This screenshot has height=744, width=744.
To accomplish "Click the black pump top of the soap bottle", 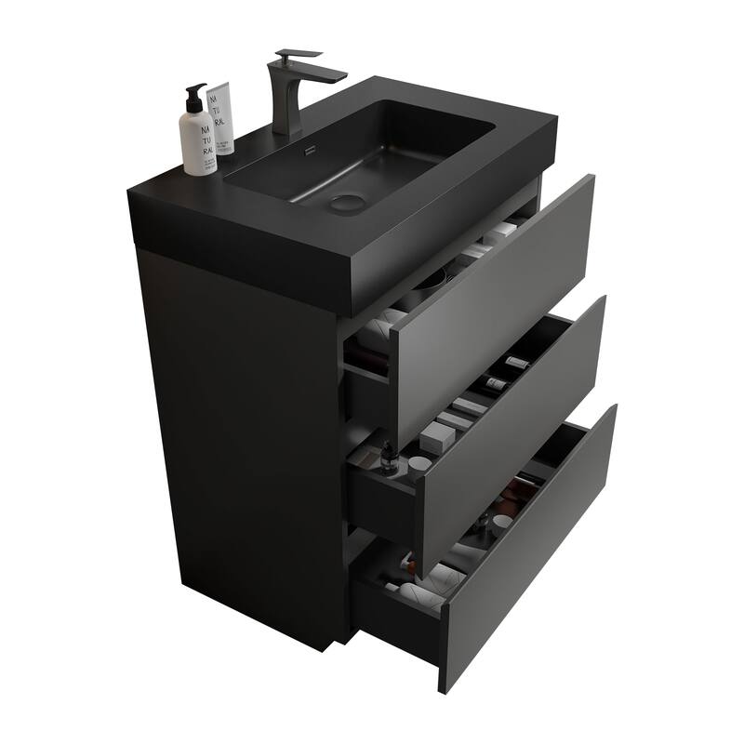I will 196,92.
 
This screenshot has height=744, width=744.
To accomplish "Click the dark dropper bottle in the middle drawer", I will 388,456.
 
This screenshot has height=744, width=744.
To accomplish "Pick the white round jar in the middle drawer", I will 420,463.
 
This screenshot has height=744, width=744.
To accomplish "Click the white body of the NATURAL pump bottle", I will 198,139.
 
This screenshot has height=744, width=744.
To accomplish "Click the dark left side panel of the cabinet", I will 242,446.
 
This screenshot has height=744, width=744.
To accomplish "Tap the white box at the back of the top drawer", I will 502,231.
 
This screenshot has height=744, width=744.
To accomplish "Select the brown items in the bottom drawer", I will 507,502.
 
